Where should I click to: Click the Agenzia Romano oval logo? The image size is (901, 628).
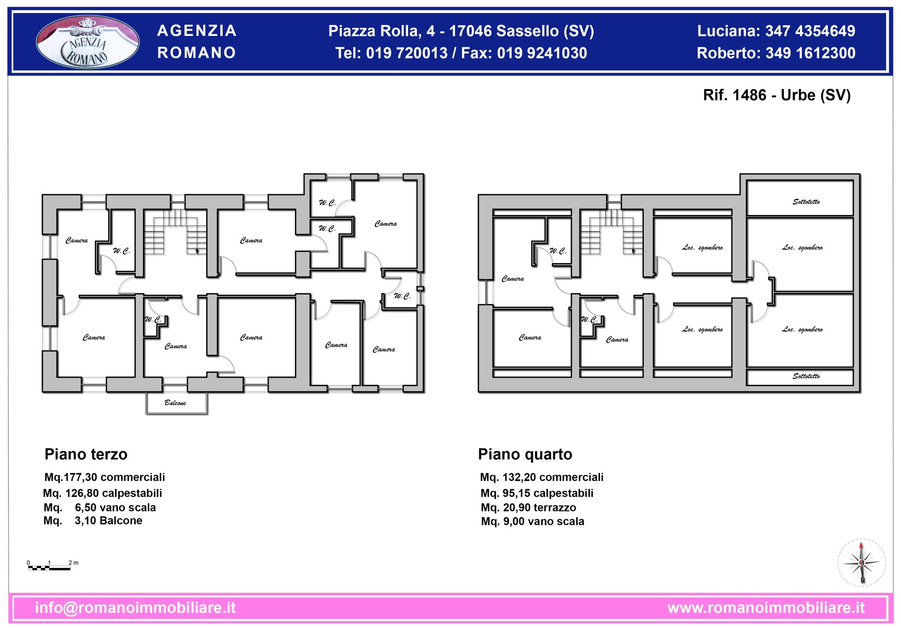[88, 42]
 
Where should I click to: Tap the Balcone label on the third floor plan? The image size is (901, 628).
[175, 403]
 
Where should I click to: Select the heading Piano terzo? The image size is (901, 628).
[86, 454]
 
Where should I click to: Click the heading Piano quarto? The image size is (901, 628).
[525, 454]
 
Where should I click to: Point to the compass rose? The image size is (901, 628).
[861, 563]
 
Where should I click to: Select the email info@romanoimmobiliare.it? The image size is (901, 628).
[136, 607]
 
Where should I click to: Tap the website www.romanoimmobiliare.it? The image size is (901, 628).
[765, 607]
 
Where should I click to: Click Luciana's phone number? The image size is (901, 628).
[810, 31]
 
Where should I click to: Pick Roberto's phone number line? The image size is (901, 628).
[776, 53]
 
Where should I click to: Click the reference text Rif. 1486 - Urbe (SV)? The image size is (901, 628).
[777, 95]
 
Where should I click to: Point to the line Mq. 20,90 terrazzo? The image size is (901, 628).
[528, 508]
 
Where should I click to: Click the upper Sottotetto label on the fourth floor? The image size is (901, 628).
[806, 202]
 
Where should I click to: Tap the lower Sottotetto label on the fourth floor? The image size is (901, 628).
[806, 376]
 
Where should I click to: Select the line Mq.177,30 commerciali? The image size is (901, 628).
[105, 477]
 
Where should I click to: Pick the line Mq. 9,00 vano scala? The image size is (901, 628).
[533, 521]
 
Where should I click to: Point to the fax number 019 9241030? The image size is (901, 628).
[542, 53]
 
